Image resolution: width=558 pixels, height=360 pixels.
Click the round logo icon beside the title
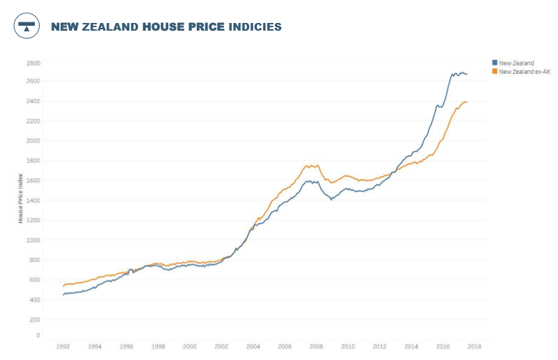point(26,26)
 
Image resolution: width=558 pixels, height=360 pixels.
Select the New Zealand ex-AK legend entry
point(525,72)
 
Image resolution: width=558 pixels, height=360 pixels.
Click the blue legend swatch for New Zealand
point(495,63)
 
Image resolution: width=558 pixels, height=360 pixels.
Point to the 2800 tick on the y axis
point(33,63)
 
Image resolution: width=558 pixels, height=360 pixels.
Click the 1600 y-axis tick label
point(33,180)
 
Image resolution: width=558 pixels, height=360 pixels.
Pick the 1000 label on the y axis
point(33,240)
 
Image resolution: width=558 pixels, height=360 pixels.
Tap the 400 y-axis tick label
point(34,299)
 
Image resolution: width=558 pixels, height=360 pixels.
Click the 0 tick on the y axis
point(38,335)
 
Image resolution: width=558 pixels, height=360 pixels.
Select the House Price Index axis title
point(21,198)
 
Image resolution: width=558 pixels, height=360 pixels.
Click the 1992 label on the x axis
point(63,346)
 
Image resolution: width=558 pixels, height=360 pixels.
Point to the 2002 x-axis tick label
point(221,346)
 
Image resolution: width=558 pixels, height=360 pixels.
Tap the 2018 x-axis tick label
point(475,346)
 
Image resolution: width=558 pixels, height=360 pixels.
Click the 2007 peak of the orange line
point(307,165)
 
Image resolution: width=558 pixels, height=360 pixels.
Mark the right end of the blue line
point(467,74)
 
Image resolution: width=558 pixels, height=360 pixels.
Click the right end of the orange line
point(467,102)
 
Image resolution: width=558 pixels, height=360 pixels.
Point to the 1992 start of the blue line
point(63,295)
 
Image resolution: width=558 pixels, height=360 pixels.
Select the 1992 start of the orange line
point(63,285)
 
